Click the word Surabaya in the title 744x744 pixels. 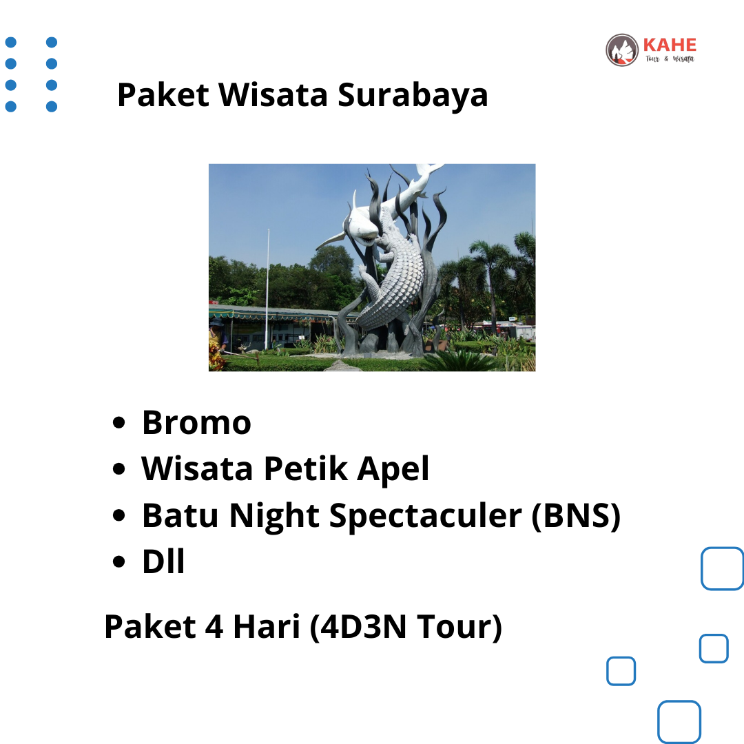tap(413, 96)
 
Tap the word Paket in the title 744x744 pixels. tap(163, 94)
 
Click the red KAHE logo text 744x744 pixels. tap(670, 45)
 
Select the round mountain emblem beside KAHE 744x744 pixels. tap(622, 50)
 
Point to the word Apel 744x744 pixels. tap(393, 470)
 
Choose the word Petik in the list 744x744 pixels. tap(306, 468)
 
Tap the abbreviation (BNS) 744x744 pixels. tap(575, 516)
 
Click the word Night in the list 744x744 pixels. tap(274, 516)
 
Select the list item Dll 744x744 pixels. tap(163, 561)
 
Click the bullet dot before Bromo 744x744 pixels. tap(119, 423)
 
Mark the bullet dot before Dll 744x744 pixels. tap(119, 562)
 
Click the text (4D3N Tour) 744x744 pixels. tap(406, 628)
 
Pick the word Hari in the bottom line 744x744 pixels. tap(267, 626)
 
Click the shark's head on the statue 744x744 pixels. tap(363, 229)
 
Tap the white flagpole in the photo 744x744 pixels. tap(267, 289)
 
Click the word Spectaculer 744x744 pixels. tap(425, 516)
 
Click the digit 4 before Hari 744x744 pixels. tap(214, 626)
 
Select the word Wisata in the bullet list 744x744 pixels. tap(197, 468)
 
